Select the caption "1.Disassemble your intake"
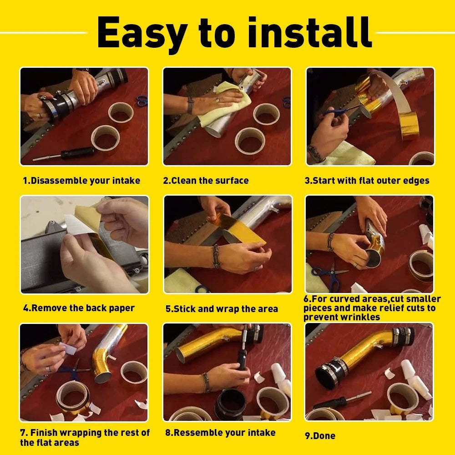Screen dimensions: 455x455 pos(81,181)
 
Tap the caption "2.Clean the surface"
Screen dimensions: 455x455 pos(206,181)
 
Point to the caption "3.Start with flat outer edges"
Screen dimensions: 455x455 pos(367,181)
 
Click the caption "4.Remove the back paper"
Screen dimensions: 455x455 pos(79,308)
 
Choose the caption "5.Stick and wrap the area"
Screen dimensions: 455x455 pos(222,309)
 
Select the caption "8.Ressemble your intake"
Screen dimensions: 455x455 pos(220,433)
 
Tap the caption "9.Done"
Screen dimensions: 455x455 pos(320,436)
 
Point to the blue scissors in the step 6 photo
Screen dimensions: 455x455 pos(330,275)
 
